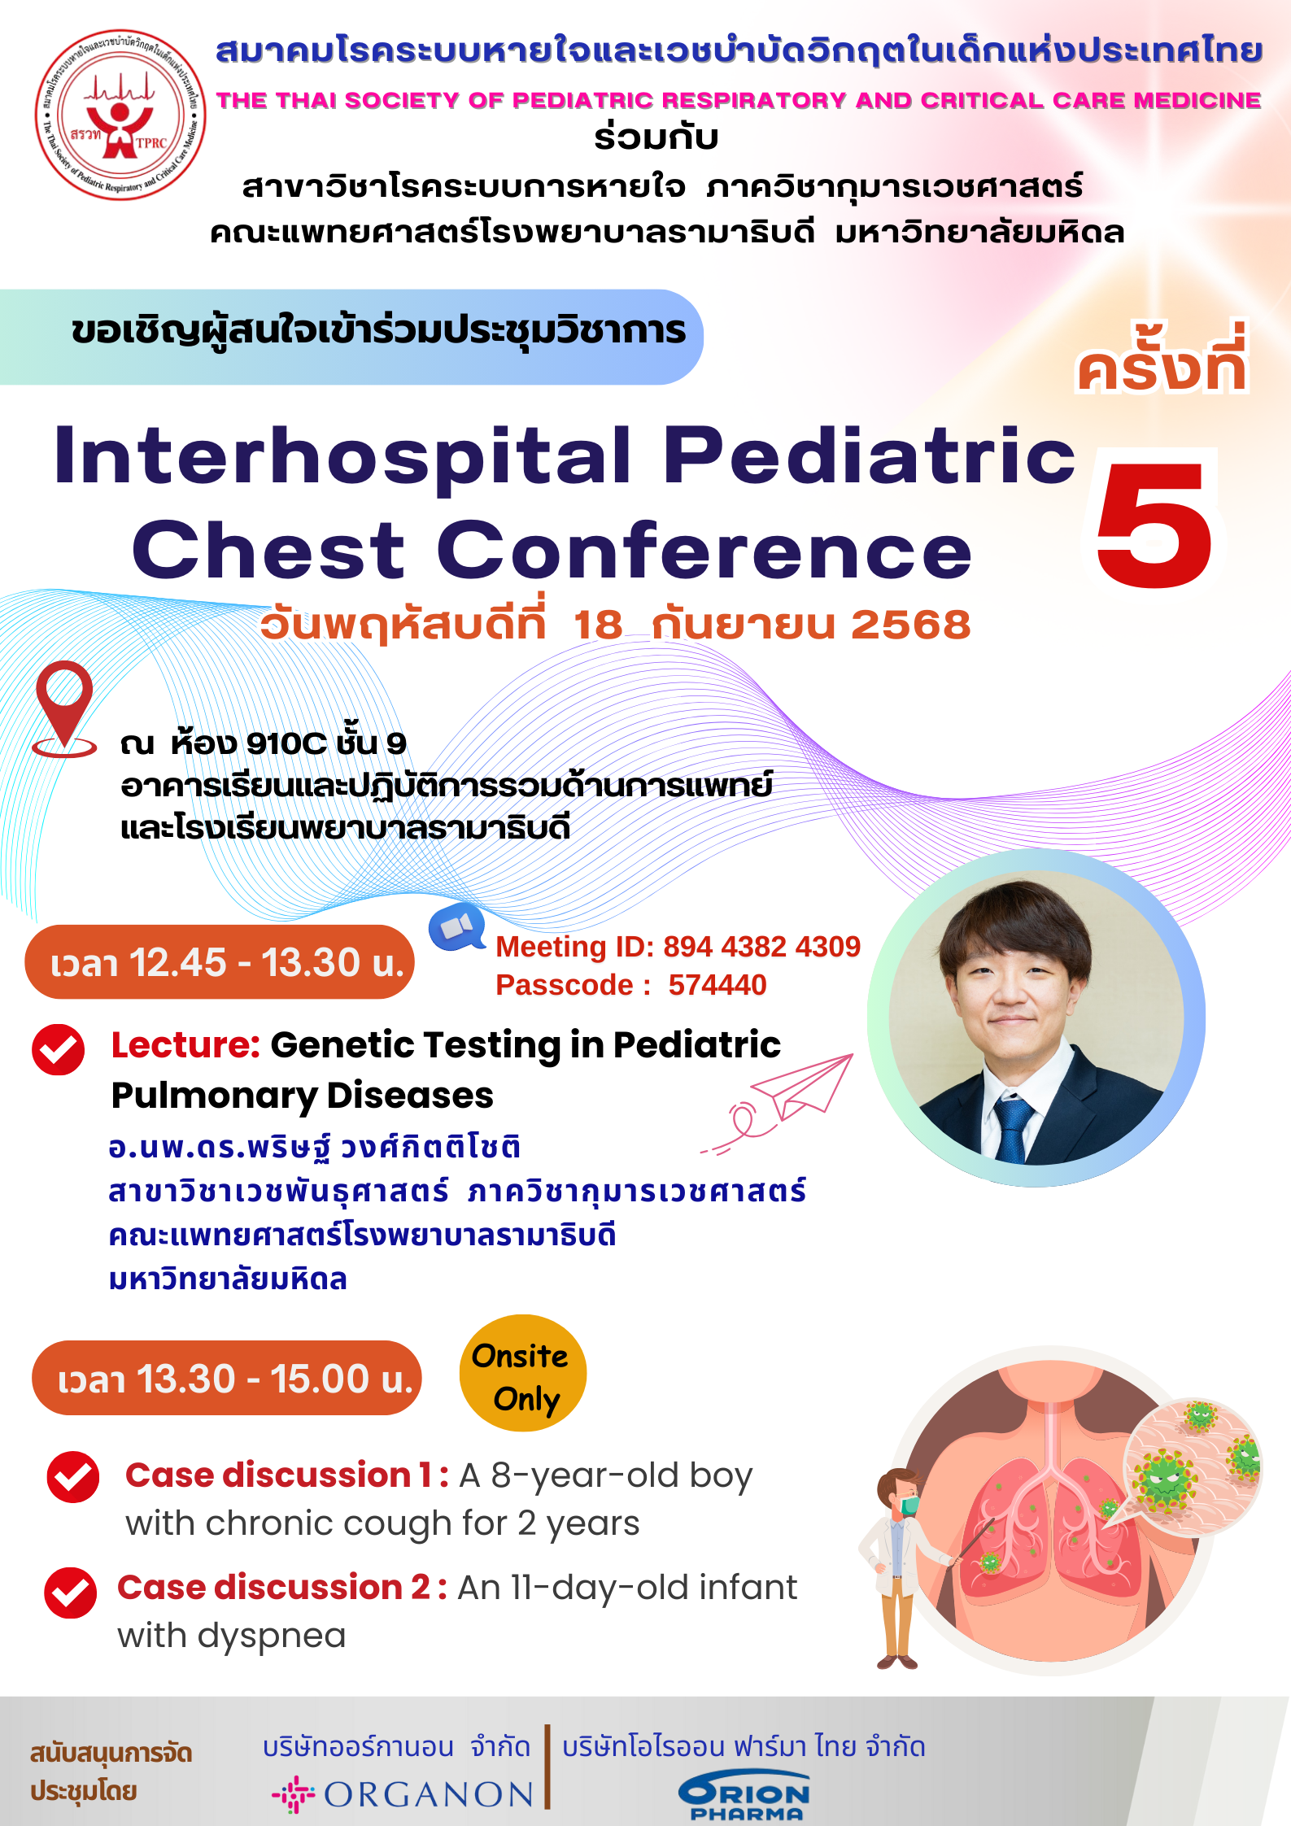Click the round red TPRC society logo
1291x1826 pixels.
click(120, 115)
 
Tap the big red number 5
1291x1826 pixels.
click(1154, 525)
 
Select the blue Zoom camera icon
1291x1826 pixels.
click(457, 926)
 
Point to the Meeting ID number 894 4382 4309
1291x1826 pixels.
click(761, 946)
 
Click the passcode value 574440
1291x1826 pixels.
click(717, 985)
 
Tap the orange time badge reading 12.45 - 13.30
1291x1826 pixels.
click(220, 962)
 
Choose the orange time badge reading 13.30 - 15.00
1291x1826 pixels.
click(227, 1379)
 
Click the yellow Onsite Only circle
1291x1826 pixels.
click(523, 1373)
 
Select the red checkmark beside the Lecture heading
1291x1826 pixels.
click(59, 1049)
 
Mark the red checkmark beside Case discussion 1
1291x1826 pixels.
click(73, 1477)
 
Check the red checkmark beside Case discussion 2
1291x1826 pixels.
click(71, 1593)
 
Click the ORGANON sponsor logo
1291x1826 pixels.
click(403, 1794)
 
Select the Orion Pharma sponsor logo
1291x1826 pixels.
click(744, 1796)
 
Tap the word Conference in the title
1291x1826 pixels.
click(704, 551)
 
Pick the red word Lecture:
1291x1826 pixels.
click(185, 1044)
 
